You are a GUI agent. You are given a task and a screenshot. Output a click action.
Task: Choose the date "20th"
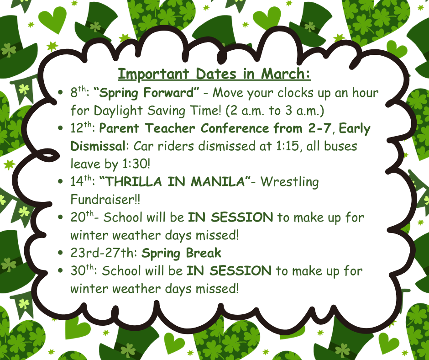pyautogui.click(x=81, y=217)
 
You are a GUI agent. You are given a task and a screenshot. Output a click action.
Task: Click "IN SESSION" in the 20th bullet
pyautogui.click(x=230, y=217)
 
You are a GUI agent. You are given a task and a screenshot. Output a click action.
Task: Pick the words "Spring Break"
pyautogui.click(x=181, y=253)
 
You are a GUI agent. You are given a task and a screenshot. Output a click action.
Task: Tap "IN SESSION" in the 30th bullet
pyautogui.click(x=229, y=271)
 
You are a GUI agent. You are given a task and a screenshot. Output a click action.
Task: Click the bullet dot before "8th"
pyautogui.click(x=61, y=94)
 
